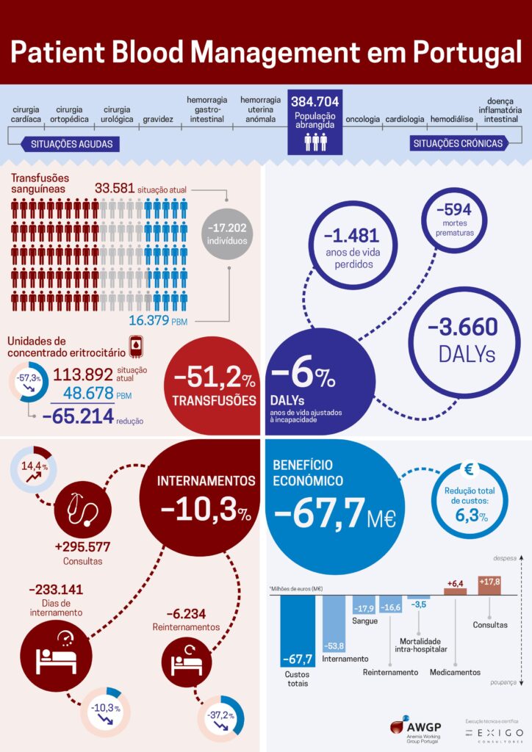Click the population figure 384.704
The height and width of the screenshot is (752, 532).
coord(314,102)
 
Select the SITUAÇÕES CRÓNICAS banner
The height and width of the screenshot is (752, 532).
coord(458,143)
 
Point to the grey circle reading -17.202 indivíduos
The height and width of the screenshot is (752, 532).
coord(227,234)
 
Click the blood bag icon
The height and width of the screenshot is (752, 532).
coord(136,345)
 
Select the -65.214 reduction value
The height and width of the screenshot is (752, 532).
coord(78,417)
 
